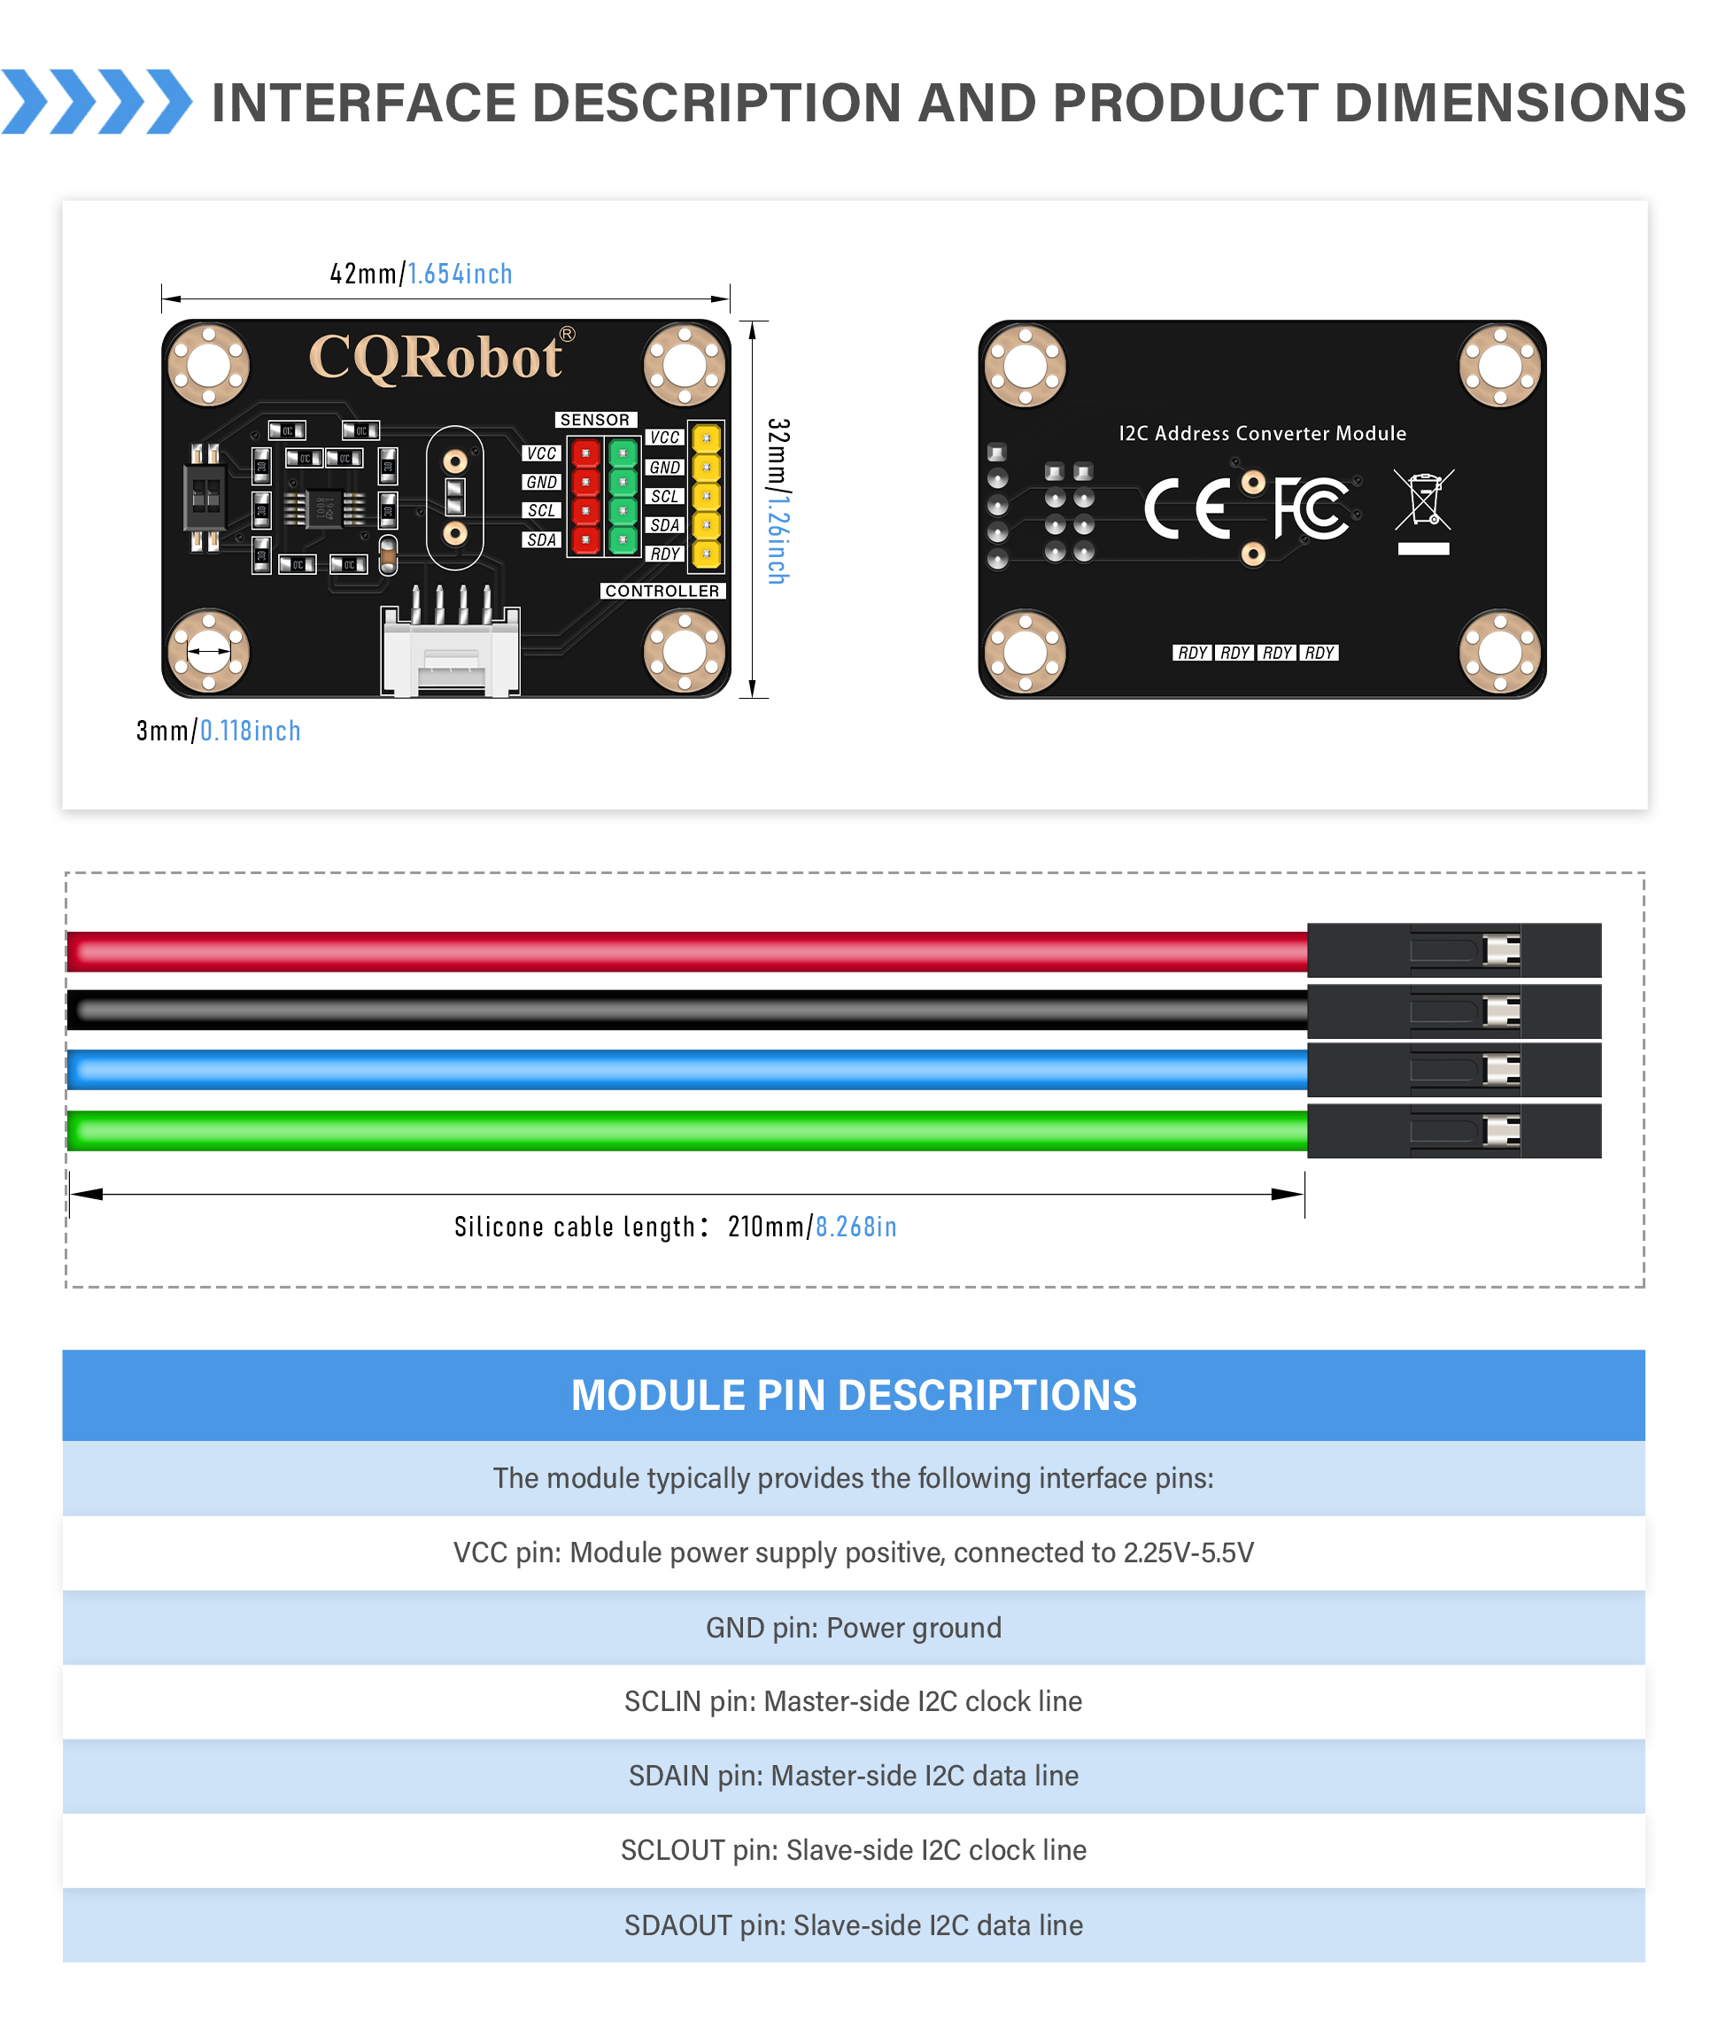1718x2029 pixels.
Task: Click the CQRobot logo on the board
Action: [436, 358]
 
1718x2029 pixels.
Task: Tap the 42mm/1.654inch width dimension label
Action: [421, 274]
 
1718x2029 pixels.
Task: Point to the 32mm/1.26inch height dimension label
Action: [778, 500]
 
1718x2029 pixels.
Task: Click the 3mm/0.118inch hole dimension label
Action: [218, 731]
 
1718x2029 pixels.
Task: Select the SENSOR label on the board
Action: [595, 420]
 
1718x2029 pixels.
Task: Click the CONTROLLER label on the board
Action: [662, 592]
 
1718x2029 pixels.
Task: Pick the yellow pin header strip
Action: [706, 497]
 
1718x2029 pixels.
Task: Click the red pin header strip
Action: [585, 497]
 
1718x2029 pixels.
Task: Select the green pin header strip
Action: [623, 497]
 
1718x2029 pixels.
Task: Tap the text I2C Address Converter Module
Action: [1262, 433]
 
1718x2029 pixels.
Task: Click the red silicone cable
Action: [682, 952]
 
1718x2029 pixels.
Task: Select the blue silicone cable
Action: [682, 1071]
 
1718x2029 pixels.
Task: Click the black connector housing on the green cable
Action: [1453, 1131]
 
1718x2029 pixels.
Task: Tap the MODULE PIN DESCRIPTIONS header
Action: [853, 1395]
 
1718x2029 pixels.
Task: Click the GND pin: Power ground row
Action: [853, 1628]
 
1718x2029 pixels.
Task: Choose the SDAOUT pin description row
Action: [853, 1924]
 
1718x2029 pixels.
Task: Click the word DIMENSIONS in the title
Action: [1510, 104]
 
